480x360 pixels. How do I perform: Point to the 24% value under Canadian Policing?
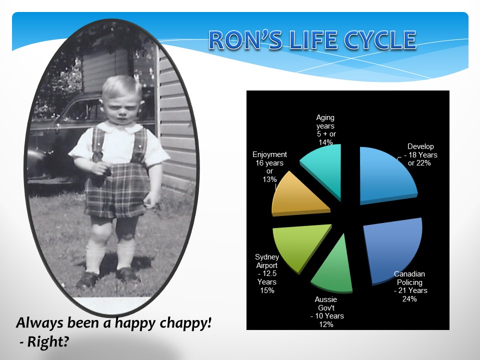[x=409, y=299]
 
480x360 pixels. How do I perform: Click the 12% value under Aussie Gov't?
[x=326, y=324]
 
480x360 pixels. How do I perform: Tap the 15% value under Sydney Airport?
[x=267, y=290]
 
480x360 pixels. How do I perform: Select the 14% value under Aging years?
[x=325, y=142]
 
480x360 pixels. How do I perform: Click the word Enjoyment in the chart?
[x=269, y=154]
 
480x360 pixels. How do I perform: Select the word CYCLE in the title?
[x=380, y=40]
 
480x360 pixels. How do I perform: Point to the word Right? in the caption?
[x=48, y=341]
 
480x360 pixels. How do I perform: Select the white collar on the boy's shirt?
[x=120, y=126]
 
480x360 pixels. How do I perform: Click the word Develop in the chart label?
[x=420, y=146]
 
